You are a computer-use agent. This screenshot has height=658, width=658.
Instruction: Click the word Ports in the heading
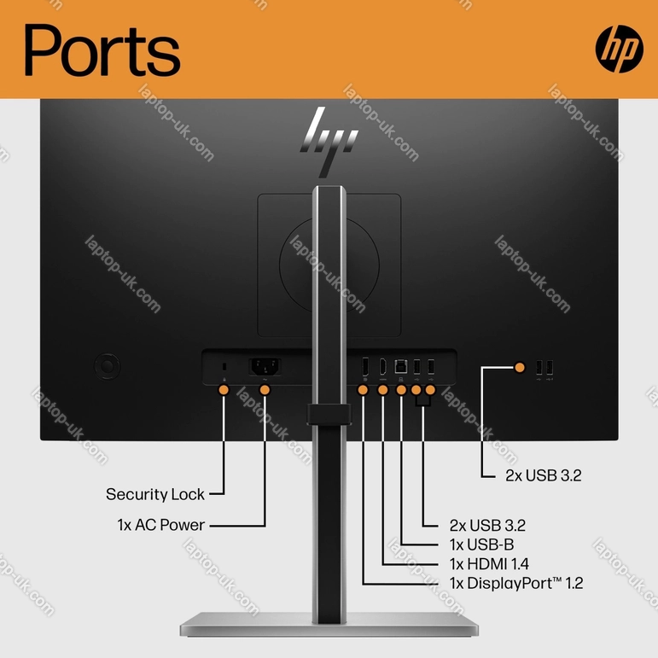(x=102, y=50)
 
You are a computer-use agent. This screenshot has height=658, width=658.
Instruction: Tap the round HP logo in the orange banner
(x=619, y=49)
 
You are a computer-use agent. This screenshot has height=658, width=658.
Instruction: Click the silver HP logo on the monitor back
(x=329, y=142)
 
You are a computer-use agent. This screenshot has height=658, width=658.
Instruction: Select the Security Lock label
(x=154, y=494)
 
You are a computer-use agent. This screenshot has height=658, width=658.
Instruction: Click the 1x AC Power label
(x=160, y=525)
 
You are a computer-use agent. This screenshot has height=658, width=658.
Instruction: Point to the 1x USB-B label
(x=481, y=544)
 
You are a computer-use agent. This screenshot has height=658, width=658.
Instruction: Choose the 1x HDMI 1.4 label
(x=489, y=563)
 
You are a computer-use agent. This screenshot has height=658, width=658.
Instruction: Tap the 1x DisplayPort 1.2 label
(x=516, y=583)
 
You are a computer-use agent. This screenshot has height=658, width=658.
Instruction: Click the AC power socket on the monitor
(x=265, y=367)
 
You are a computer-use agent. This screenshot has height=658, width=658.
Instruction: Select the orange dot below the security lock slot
(x=224, y=390)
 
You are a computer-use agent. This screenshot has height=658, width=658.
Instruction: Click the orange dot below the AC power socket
(x=265, y=390)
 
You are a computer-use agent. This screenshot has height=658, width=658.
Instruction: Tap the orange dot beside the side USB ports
(x=520, y=368)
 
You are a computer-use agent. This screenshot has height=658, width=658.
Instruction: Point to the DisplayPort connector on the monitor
(x=365, y=366)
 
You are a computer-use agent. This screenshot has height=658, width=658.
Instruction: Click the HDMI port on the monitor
(x=382, y=366)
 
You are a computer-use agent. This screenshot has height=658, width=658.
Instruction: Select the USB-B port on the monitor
(x=401, y=366)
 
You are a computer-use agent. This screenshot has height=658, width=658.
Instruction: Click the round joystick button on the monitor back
(x=107, y=366)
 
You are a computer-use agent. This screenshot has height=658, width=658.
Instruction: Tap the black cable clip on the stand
(x=329, y=414)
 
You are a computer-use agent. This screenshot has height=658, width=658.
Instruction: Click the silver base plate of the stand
(x=329, y=625)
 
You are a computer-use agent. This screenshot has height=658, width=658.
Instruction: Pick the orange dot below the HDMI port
(x=382, y=390)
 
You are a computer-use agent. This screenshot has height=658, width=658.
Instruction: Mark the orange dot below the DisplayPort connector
(x=363, y=390)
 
